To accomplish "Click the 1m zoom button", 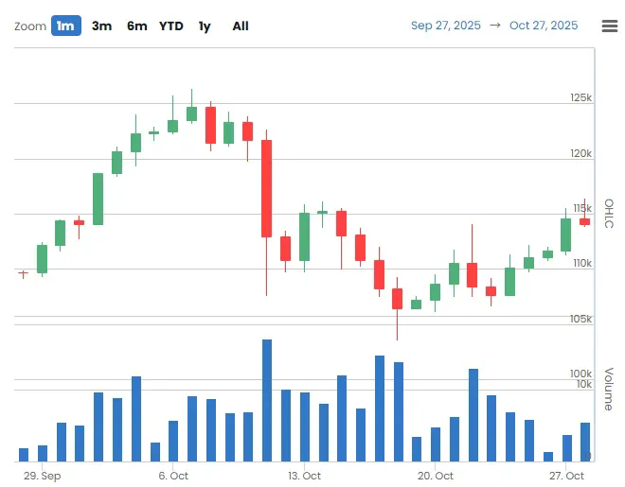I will click(x=65, y=26).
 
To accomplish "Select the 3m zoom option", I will click(x=101, y=26).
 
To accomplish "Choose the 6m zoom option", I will click(x=136, y=26).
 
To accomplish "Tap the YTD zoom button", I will click(x=171, y=26).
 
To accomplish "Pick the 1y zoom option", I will click(x=205, y=26).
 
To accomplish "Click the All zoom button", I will click(x=241, y=26).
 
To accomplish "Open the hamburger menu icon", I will click(x=610, y=26).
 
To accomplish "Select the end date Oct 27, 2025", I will click(x=544, y=26).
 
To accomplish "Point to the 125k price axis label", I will click(x=580, y=97).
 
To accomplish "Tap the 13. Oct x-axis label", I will click(x=304, y=476).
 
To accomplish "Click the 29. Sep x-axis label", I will click(x=43, y=476).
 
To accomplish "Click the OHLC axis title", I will click(x=609, y=213).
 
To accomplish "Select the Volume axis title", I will click(x=609, y=388).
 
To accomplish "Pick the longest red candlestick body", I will click(x=267, y=188).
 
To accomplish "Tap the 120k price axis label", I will click(x=580, y=153).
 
